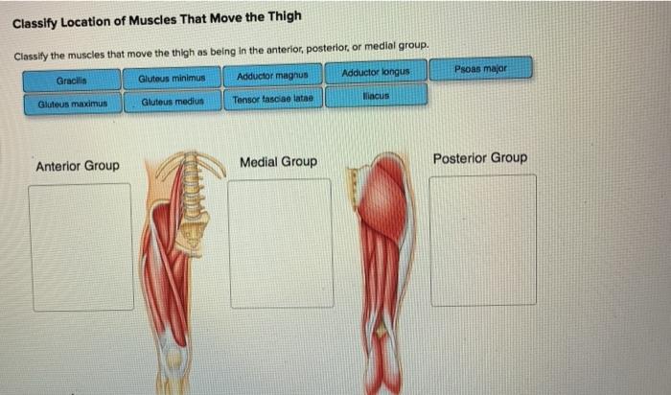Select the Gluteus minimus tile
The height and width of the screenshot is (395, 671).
pos(173,77)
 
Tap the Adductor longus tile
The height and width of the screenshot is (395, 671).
pos(376,72)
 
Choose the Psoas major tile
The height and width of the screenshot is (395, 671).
pos(480,69)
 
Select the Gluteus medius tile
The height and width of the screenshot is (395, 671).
pos(173,101)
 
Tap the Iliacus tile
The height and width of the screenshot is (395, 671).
pos(376,96)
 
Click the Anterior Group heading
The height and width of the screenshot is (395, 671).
pos(78,166)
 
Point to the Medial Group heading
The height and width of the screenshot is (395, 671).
pos(278,162)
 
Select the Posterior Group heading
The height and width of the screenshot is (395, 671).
pos(479,158)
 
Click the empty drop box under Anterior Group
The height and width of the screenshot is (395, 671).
pos(81,246)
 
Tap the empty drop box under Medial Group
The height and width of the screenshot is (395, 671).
pos(281,243)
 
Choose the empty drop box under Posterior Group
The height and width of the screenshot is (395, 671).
pos(482,240)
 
